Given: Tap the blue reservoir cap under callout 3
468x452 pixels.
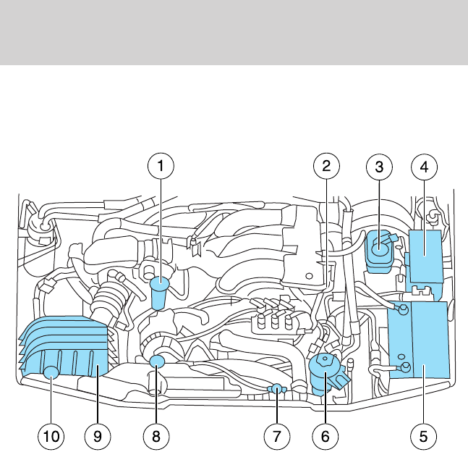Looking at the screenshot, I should (x=379, y=251).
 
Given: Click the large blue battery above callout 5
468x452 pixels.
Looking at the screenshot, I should (x=420, y=340).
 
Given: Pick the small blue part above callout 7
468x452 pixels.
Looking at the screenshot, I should (x=276, y=390).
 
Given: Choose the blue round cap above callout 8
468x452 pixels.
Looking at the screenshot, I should (x=158, y=361).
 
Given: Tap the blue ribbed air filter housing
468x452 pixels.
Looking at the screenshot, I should (x=69, y=344).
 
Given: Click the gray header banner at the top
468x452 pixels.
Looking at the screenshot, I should (x=234, y=32).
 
